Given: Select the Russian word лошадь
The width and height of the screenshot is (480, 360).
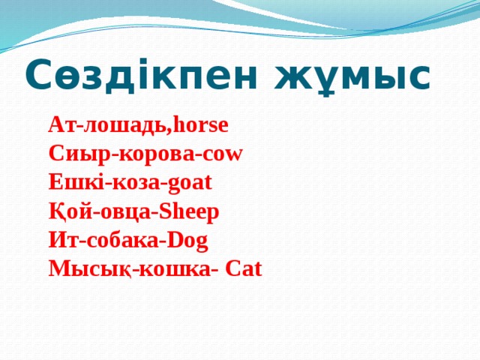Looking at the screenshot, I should point(124,124).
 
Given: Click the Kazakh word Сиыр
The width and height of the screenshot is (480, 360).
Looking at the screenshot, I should point(72,154).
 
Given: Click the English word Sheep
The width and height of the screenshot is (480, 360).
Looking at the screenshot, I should point(187,211).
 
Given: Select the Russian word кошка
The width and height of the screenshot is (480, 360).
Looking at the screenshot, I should point(168,269).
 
